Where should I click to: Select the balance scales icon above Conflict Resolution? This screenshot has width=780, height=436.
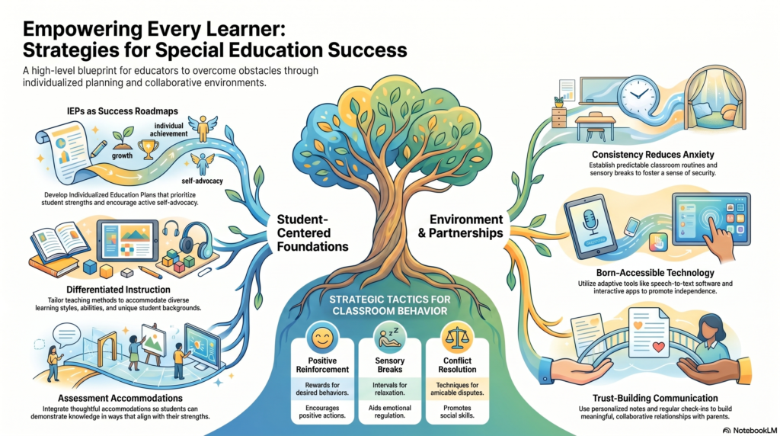click(x=457, y=338)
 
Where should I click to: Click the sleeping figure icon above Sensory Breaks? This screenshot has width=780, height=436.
click(x=390, y=337)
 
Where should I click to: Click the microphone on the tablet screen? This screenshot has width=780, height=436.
click(x=591, y=222)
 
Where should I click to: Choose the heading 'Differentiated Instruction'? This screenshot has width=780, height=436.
click(x=118, y=290)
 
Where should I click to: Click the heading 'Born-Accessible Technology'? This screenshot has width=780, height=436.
click(x=655, y=273)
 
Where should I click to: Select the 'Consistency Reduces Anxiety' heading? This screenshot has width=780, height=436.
click(x=653, y=155)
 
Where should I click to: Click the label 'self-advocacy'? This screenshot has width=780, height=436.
click(x=202, y=181)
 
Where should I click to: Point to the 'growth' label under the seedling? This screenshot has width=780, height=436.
click(x=122, y=155)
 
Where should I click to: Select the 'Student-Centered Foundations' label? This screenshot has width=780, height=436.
click(x=312, y=233)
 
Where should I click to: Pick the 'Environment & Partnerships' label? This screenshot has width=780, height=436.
click(x=461, y=226)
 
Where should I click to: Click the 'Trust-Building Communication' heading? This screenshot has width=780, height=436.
click(x=655, y=398)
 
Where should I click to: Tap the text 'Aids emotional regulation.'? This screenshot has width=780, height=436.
click(x=389, y=412)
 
